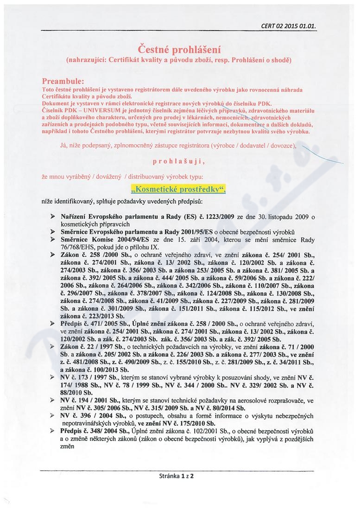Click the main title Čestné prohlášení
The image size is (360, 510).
(x=179, y=49)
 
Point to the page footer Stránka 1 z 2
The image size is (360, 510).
(x=176, y=476)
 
